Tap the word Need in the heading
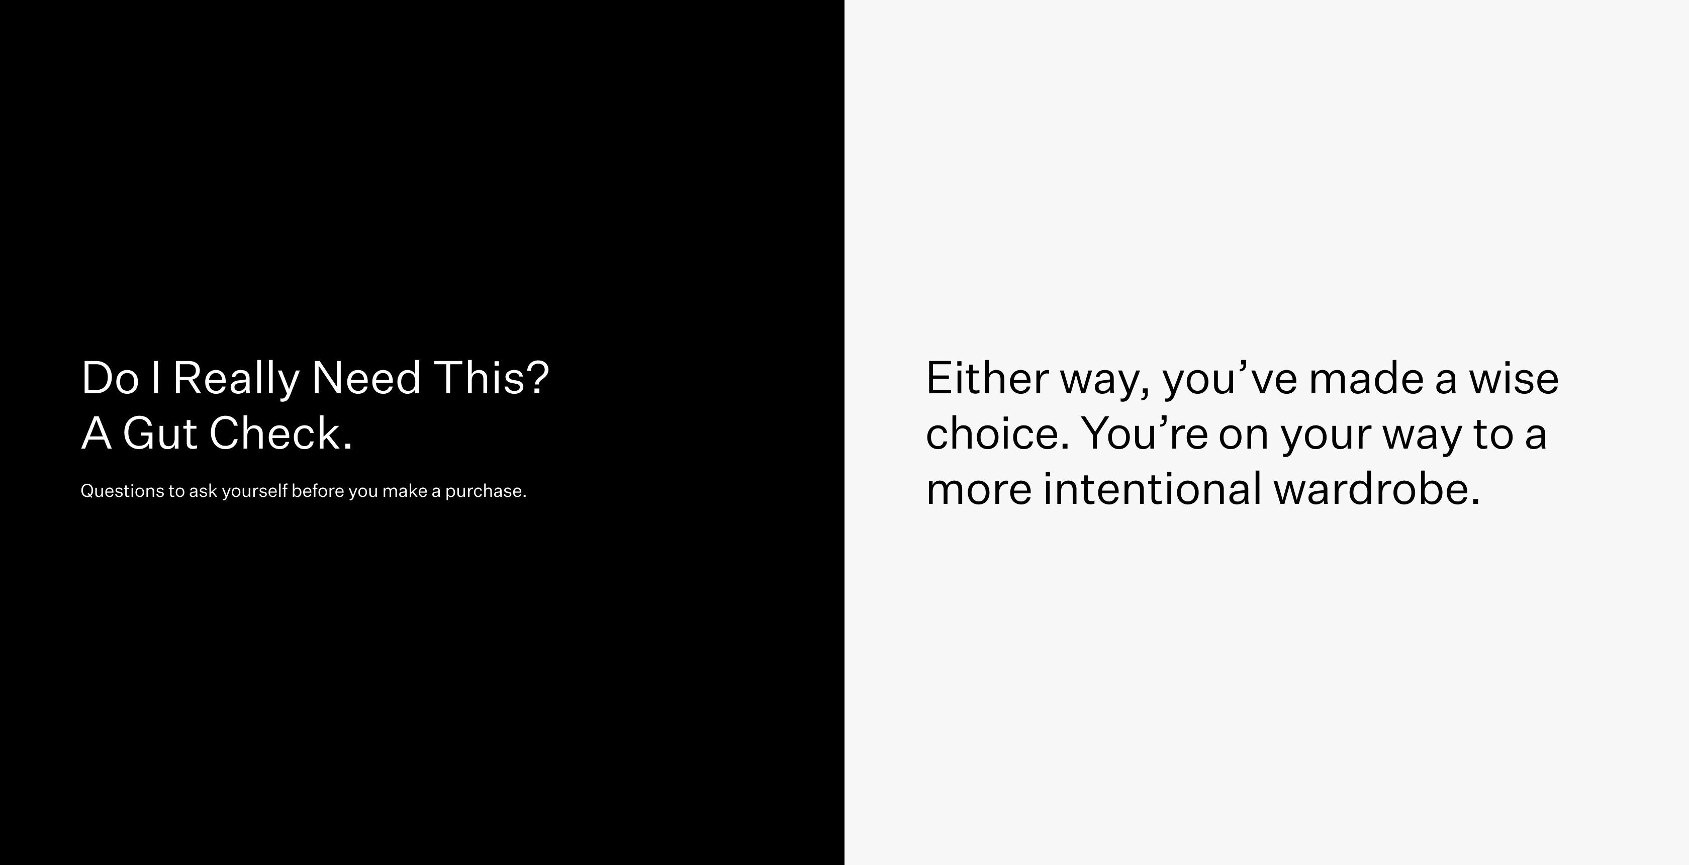coord(366,378)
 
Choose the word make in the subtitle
coord(405,490)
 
